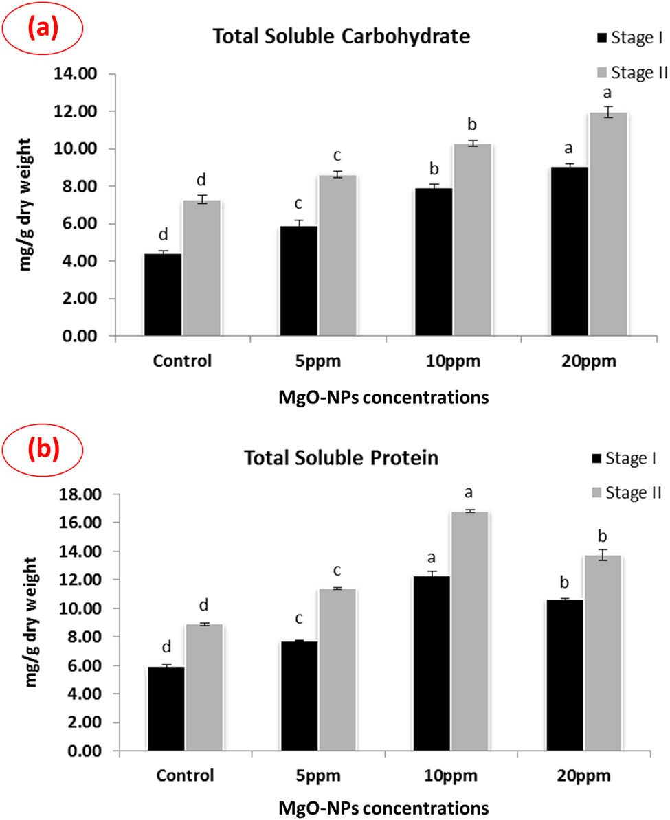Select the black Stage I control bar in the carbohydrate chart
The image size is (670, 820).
[163, 295]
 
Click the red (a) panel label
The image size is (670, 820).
[43, 30]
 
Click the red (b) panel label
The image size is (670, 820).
[43, 449]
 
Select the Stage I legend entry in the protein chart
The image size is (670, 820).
[623, 458]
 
